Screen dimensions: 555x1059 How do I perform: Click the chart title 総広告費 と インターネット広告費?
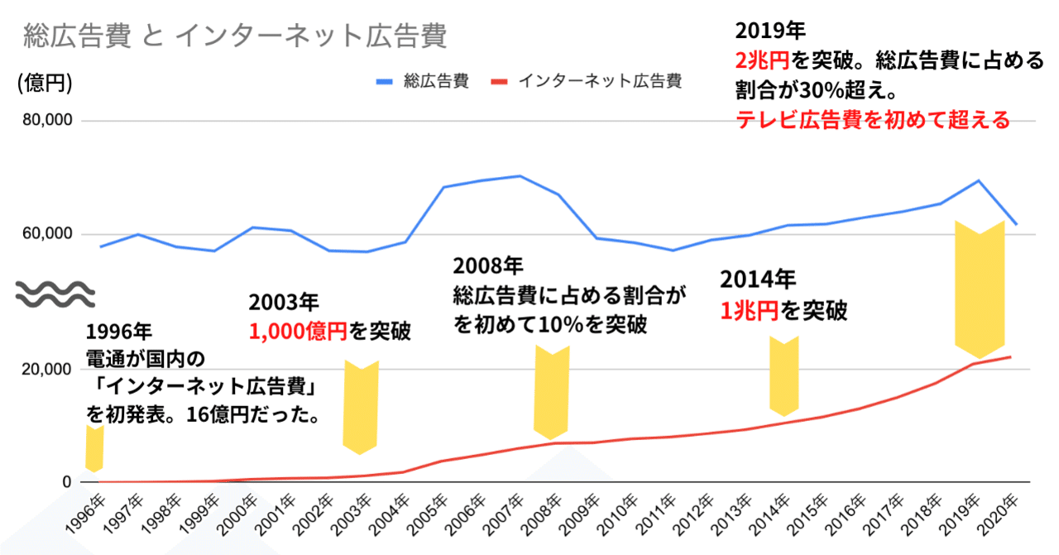point(236,36)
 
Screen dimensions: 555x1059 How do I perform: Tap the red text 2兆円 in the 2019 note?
point(762,60)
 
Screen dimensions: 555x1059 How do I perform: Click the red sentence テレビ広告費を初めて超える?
point(873,120)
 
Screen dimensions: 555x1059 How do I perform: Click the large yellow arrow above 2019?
point(980,289)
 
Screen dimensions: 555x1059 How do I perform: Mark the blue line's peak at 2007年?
point(519,175)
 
